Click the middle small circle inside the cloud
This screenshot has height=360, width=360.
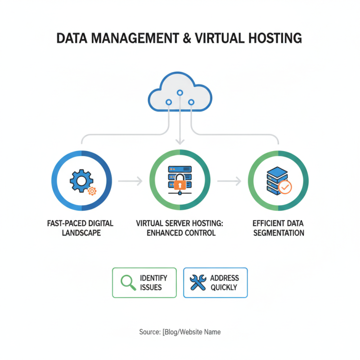(x=180, y=93)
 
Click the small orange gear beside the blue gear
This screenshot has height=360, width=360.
(x=92, y=191)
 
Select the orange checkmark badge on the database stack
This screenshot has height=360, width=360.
(x=285, y=186)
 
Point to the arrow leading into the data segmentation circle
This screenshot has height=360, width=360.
(x=229, y=181)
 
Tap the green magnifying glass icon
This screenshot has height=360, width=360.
(x=129, y=283)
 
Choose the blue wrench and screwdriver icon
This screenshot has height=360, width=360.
(x=198, y=283)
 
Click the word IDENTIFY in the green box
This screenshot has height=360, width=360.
(x=153, y=278)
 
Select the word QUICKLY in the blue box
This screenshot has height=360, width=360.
(x=224, y=287)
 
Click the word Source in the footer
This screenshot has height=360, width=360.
(x=148, y=332)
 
